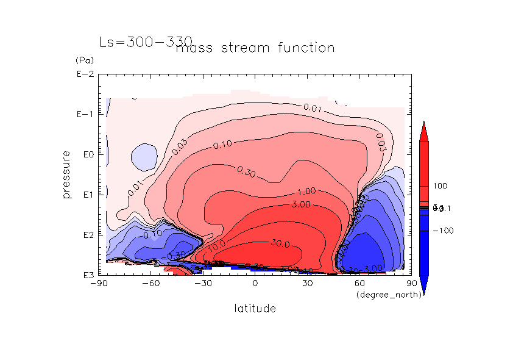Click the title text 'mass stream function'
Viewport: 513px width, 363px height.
pos(255,48)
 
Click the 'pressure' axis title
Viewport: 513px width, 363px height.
pos(67,174)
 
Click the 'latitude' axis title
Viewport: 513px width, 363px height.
pos(255,308)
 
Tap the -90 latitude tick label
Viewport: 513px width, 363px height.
pos(98,284)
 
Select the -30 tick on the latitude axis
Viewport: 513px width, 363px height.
pos(203,284)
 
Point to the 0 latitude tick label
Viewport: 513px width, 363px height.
pos(255,284)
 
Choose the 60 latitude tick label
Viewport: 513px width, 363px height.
pos(359,284)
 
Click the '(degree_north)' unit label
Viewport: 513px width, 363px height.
pos(382,295)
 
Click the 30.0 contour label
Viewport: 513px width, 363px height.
pos(280,243)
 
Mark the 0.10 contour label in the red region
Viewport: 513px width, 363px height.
pos(222,145)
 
